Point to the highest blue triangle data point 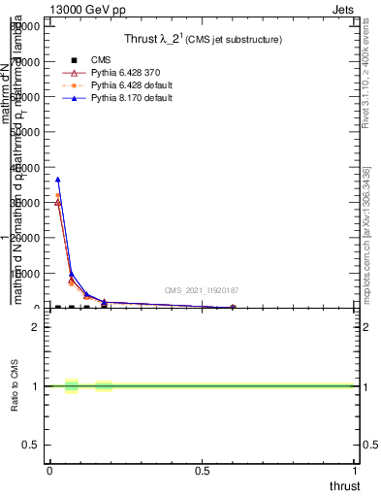pos(57,180)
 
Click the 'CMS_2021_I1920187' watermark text pos(202,290)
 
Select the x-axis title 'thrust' pos(343,485)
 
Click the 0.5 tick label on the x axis pos(203,471)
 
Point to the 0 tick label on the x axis pos(49,471)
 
